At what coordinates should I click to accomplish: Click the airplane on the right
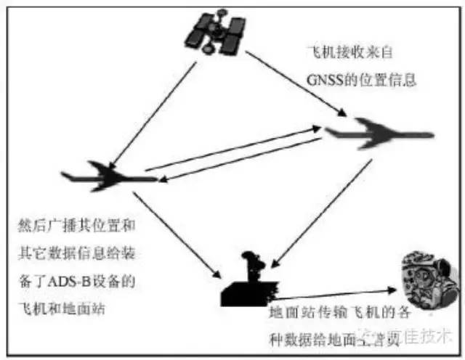(378, 134)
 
